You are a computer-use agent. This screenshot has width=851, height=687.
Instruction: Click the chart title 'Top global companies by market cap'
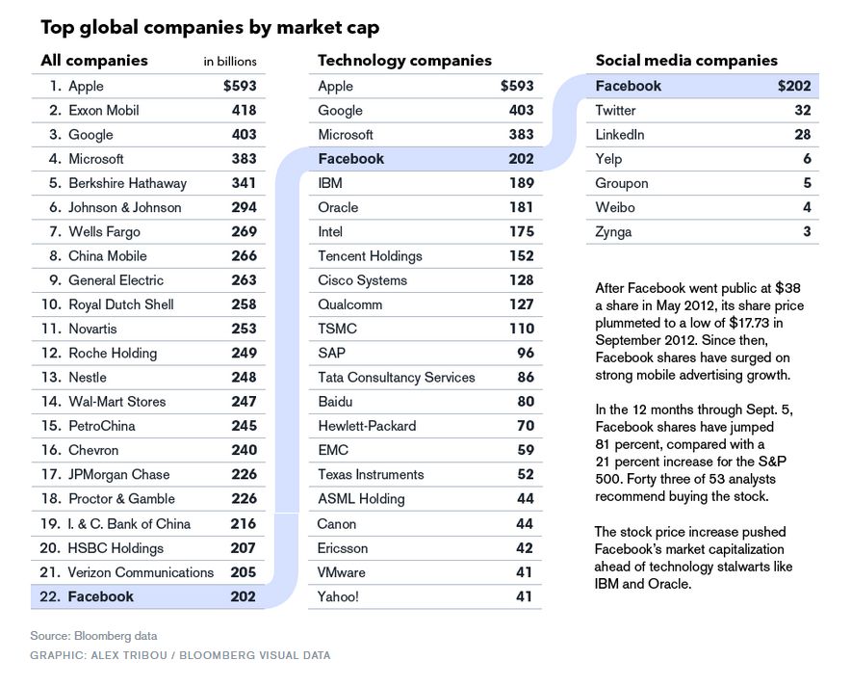point(210,27)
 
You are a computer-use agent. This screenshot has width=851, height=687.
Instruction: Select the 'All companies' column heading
point(94,61)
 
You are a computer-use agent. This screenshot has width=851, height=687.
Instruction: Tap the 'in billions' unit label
point(230,62)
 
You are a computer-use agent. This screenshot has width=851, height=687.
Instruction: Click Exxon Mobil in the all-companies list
point(104,111)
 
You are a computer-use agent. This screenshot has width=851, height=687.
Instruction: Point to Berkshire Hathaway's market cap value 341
point(244,183)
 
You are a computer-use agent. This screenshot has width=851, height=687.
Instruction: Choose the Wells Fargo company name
point(104,232)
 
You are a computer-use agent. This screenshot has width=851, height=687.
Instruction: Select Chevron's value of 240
point(244,450)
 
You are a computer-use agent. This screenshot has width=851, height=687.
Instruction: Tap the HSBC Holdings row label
point(116,548)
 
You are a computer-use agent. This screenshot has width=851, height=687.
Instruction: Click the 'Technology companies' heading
point(404,61)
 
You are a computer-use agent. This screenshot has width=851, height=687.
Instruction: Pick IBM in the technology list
point(330,183)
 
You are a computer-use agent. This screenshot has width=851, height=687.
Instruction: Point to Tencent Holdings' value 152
point(521,256)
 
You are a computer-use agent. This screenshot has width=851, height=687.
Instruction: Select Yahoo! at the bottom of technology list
point(338,597)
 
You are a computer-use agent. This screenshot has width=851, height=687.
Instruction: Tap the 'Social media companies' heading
point(686,61)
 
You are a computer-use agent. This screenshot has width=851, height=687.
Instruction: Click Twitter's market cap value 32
point(802,111)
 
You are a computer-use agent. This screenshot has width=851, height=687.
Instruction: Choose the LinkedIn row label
point(620,135)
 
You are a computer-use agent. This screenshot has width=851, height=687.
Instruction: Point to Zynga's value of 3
point(807,232)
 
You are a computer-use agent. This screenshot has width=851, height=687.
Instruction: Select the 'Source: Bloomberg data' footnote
point(93,636)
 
